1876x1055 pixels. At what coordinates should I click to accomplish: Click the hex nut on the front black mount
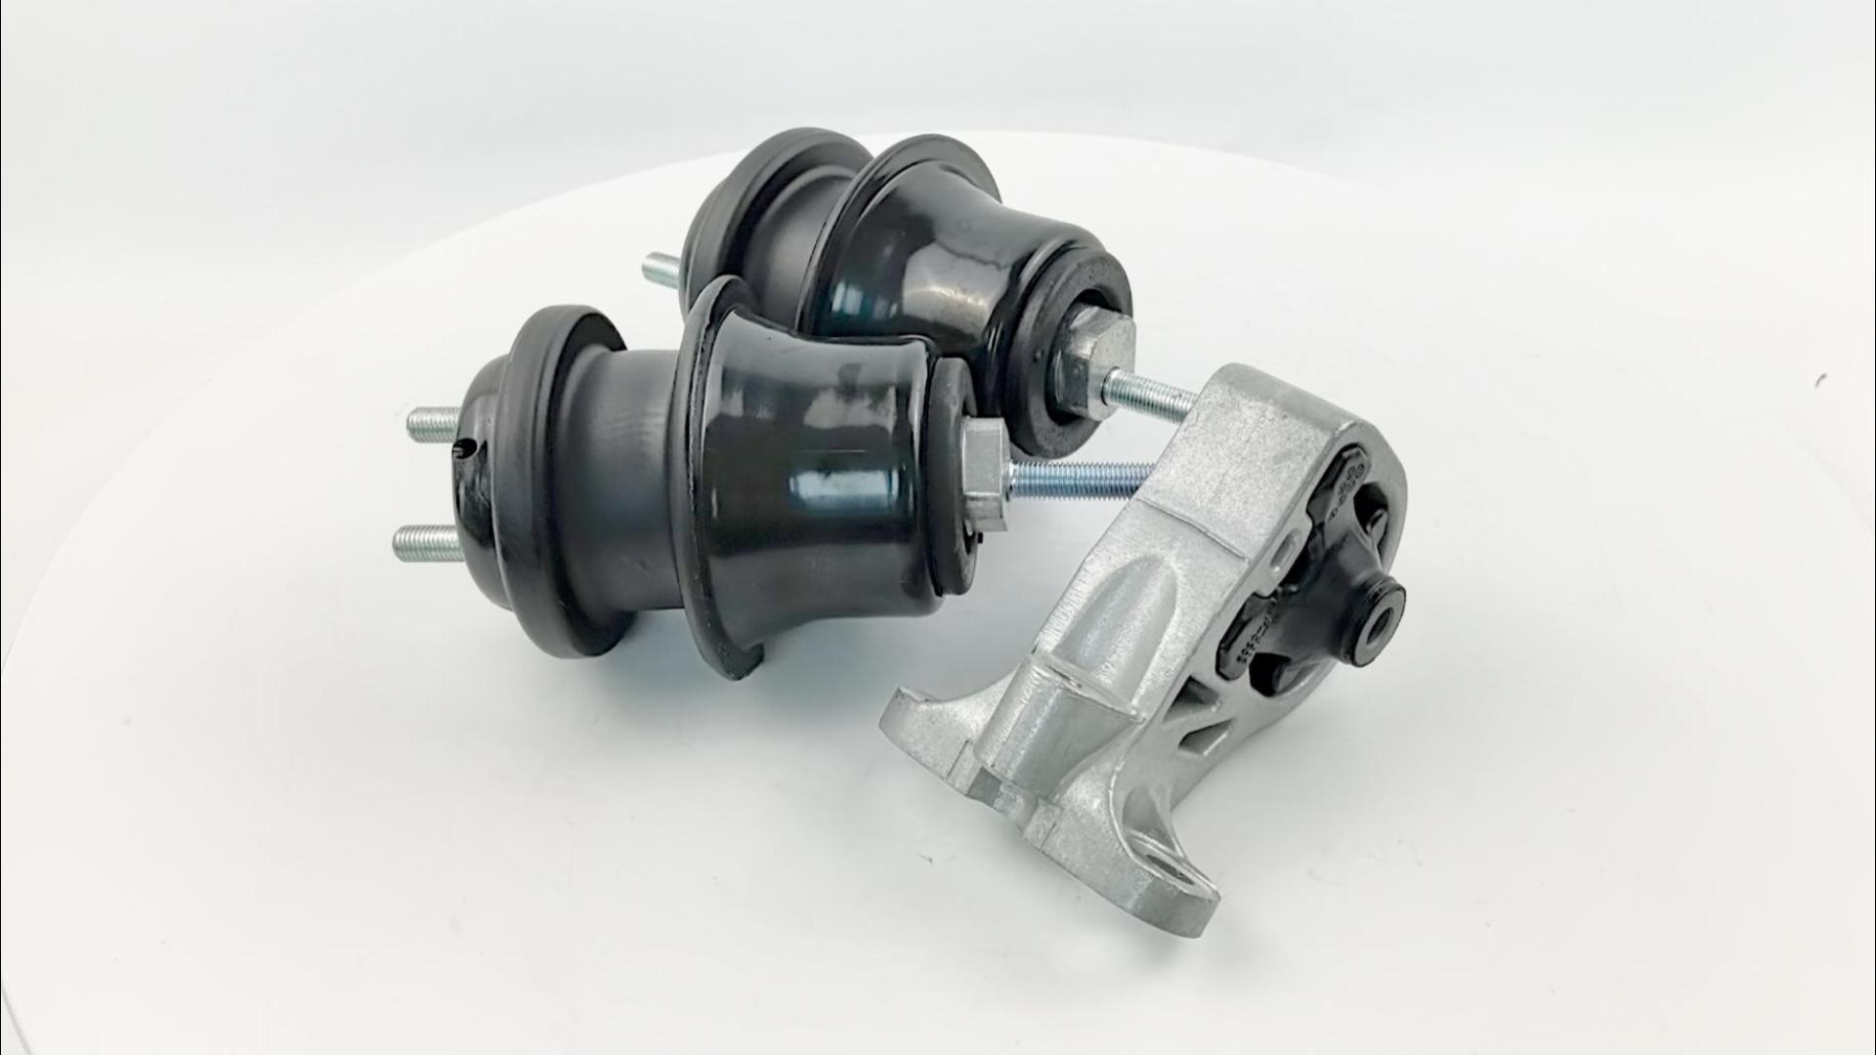[984, 478]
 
